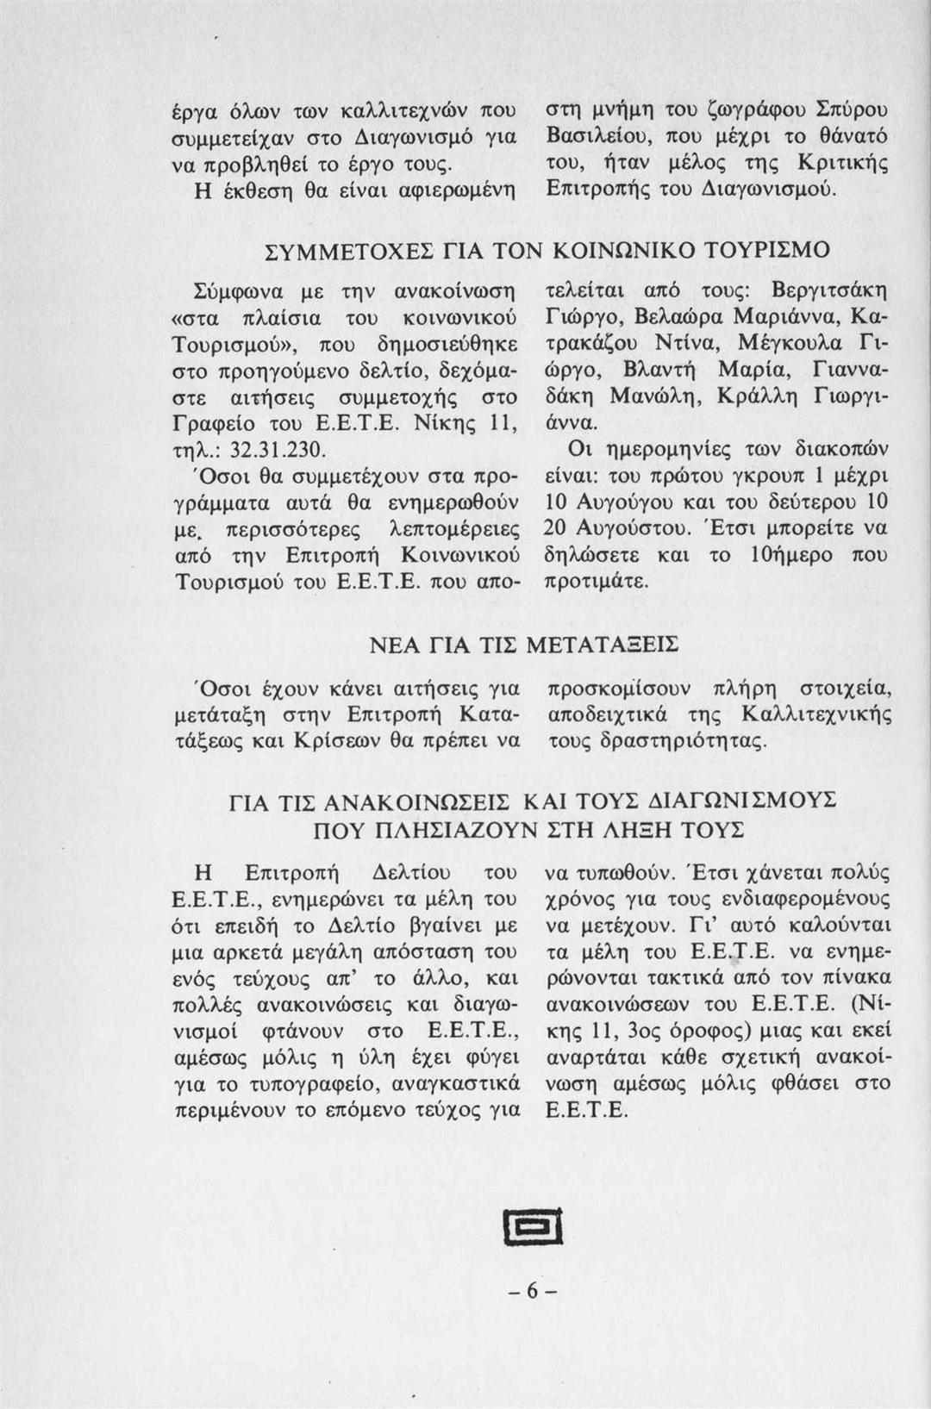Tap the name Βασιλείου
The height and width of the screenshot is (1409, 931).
pyautogui.click(x=601, y=137)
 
